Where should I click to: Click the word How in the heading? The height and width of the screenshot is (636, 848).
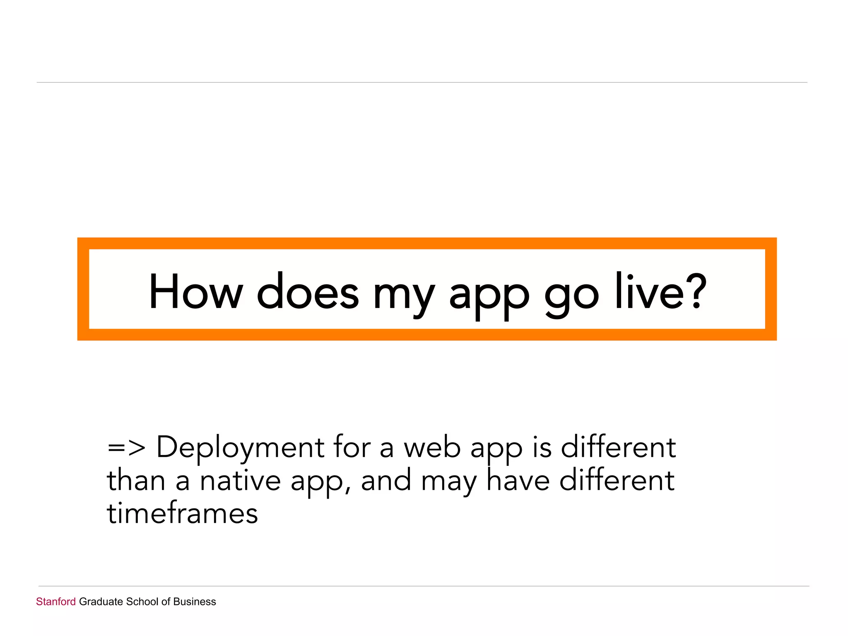coord(195,292)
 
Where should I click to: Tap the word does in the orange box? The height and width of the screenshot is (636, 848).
coord(308,292)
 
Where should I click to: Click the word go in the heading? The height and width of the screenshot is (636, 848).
coord(571,296)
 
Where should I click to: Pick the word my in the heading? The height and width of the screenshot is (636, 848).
coord(404,296)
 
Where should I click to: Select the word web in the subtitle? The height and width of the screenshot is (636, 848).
coord(432,448)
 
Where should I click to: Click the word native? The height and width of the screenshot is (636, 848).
coord(240,481)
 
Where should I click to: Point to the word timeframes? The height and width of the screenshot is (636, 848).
coord(182,513)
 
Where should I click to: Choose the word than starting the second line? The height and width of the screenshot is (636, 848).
coord(136,481)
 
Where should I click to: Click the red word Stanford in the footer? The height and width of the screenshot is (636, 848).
coord(56,602)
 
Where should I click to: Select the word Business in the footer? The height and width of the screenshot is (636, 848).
coord(195,602)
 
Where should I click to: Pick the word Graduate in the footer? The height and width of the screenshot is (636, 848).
coord(101,602)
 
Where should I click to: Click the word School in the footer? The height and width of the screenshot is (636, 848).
coord(142,602)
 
